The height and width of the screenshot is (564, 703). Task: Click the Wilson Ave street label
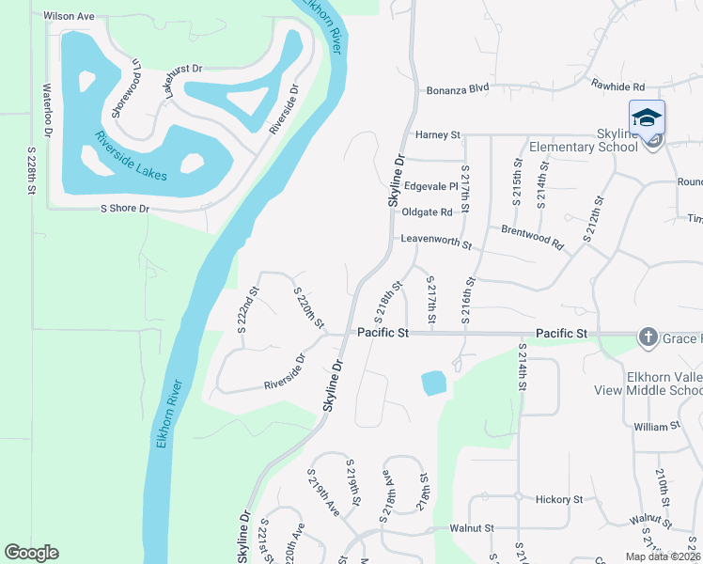(70, 17)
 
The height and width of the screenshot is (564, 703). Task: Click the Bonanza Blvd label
(458, 88)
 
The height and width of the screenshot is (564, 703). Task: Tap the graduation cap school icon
(647, 117)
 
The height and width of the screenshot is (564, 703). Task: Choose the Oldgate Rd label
(427, 212)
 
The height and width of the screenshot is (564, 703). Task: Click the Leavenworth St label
(435, 241)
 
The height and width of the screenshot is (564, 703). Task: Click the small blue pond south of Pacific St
(433, 383)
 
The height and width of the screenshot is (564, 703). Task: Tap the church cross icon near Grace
(648, 337)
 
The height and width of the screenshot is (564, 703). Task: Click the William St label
(656, 427)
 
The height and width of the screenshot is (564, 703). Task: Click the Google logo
(31, 553)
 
